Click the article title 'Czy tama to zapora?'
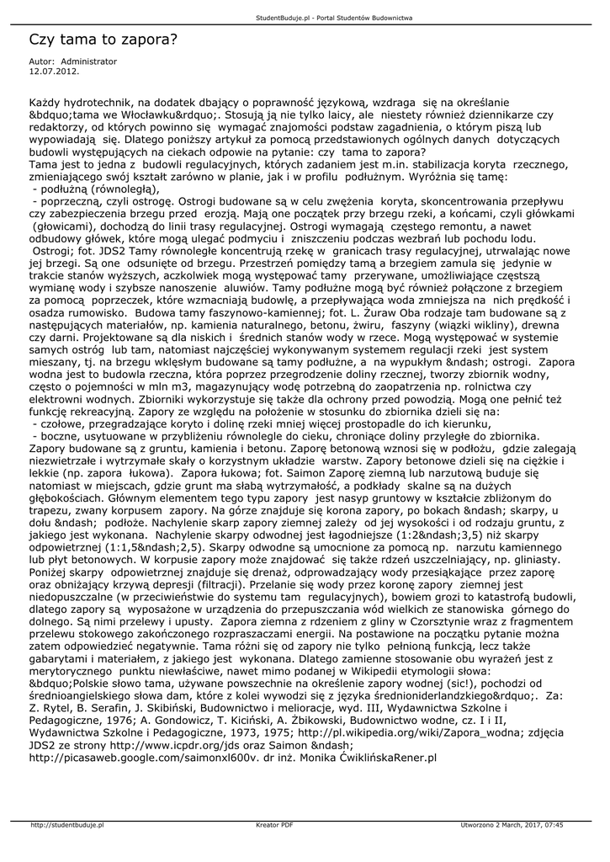(103, 40)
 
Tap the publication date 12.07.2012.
(54, 72)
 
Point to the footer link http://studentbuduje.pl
(67, 825)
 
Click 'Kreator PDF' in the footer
(274, 825)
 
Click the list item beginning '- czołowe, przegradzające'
(265, 425)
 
